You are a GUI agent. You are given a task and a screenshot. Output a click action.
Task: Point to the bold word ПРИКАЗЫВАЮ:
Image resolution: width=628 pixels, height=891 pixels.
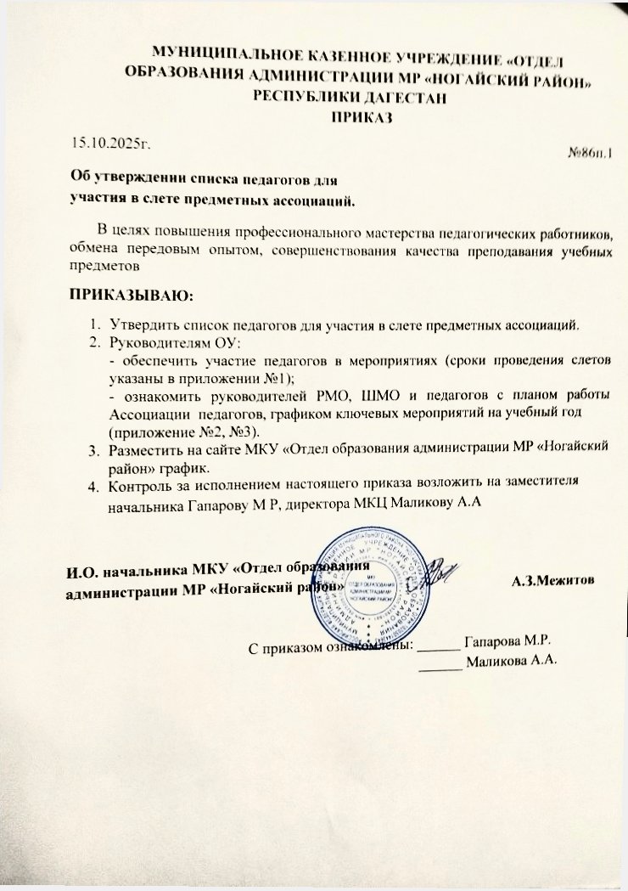(x=131, y=297)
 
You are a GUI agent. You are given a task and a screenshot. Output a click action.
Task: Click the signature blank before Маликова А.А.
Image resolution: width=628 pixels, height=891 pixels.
(x=440, y=664)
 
